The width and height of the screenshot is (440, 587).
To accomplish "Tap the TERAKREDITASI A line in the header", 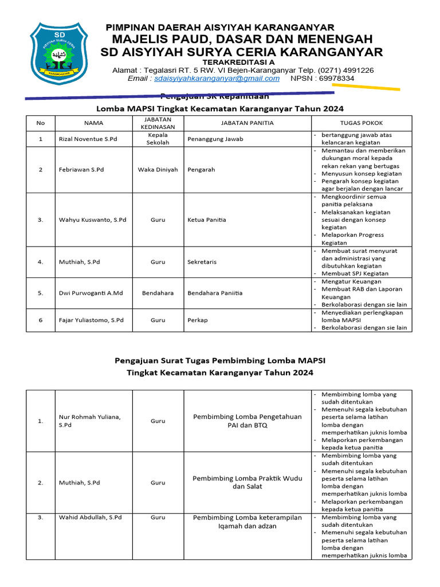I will point(238,62).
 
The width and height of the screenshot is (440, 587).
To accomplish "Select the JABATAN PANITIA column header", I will point(247,123).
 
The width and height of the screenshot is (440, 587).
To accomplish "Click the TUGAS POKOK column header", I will point(362,123).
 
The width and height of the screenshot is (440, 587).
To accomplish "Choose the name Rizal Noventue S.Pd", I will point(86,139).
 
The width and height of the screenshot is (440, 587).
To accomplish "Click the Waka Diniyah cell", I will point(158,170).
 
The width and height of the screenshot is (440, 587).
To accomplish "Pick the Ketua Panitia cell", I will point(207,220).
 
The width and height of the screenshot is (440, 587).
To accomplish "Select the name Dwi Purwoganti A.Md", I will point(91,293).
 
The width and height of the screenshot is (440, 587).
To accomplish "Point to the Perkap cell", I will point(198,320).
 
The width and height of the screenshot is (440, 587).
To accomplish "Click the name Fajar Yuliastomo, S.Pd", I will point(91,320).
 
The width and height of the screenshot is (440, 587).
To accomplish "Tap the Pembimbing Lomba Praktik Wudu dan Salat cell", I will point(247,482).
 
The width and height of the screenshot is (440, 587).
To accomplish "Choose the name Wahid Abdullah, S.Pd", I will point(90,517).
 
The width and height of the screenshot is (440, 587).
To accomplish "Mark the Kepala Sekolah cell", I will point(158,139).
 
